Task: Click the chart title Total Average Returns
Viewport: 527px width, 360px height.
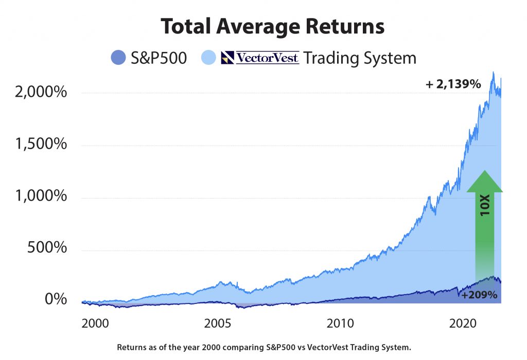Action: point(272,26)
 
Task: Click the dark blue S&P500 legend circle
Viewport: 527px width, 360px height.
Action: point(118,57)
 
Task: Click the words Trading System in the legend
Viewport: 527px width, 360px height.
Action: point(359,58)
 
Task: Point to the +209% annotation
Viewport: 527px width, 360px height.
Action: point(479,295)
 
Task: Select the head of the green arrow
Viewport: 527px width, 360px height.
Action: point(485,181)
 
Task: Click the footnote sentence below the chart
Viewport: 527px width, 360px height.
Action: point(264,347)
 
